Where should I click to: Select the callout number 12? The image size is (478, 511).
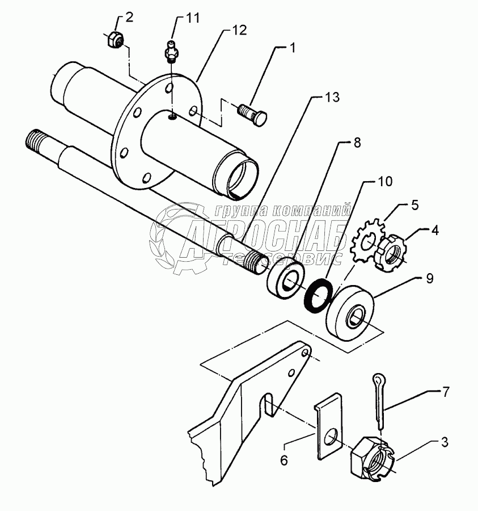coord(239,31)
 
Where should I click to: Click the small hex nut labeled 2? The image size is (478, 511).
coord(115,41)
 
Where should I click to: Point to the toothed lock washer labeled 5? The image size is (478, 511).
coord(370,246)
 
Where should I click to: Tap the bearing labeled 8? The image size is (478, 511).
coord(286,277)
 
